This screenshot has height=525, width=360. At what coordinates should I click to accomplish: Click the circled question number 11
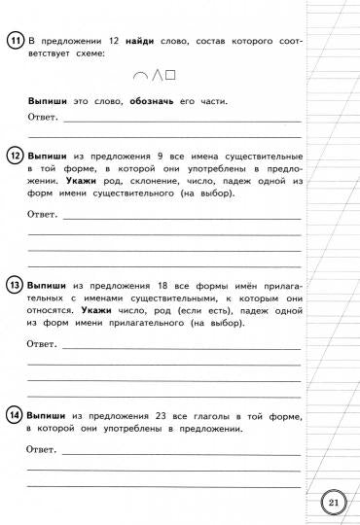coord(15,40)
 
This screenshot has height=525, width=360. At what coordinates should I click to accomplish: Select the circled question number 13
coord(15,286)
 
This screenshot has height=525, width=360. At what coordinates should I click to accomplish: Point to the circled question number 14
coord(15,414)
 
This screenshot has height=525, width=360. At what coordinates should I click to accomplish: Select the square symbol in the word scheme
coord(168,74)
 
